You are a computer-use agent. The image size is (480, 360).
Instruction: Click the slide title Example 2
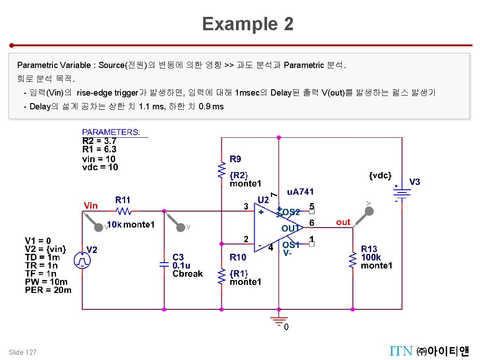click(x=248, y=24)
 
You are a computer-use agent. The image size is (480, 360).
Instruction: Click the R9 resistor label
click(x=236, y=159)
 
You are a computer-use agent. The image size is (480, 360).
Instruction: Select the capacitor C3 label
click(x=178, y=257)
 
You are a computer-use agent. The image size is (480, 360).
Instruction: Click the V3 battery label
click(x=414, y=182)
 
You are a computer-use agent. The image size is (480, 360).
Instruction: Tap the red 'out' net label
click(x=343, y=222)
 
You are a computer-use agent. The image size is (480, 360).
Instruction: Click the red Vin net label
click(x=91, y=205)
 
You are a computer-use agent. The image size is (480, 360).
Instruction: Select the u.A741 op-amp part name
click(x=300, y=192)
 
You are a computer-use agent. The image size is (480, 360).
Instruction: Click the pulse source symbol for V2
click(x=82, y=260)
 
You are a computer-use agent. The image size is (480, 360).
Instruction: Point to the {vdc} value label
click(x=380, y=176)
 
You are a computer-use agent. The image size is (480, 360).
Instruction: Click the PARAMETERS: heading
click(x=111, y=132)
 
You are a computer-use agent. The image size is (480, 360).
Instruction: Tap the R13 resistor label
click(x=369, y=249)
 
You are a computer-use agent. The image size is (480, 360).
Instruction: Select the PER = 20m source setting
click(x=48, y=290)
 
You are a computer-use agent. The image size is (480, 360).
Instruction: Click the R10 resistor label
click(x=238, y=257)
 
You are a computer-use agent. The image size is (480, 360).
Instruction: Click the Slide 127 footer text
click(x=23, y=352)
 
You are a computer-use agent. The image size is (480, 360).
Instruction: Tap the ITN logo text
click(x=401, y=352)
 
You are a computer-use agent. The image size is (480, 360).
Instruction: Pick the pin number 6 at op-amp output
click(x=312, y=222)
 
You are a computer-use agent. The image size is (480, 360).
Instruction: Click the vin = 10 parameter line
click(x=99, y=159)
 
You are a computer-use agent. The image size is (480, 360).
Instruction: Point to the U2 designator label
click(x=263, y=200)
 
